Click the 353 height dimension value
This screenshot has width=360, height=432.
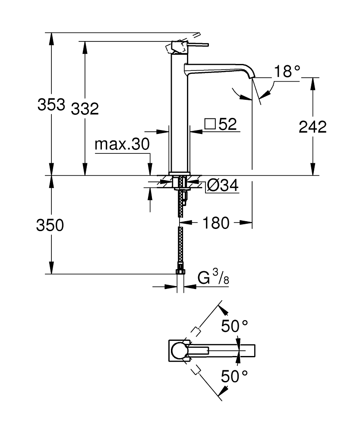click(51, 105)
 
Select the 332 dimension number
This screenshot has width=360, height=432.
click(85, 109)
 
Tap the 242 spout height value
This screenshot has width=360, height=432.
click(313, 127)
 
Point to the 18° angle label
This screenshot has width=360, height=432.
click(286, 71)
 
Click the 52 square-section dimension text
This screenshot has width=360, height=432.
click(227, 124)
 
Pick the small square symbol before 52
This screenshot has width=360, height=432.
click(210, 124)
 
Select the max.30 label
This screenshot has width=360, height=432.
click(122, 144)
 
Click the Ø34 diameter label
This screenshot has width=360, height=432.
click(222, 186)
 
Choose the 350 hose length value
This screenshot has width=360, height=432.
click(50, 225)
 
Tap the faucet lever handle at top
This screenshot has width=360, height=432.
click(190, 45)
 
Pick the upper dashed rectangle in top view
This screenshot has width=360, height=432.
click(196, 332)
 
